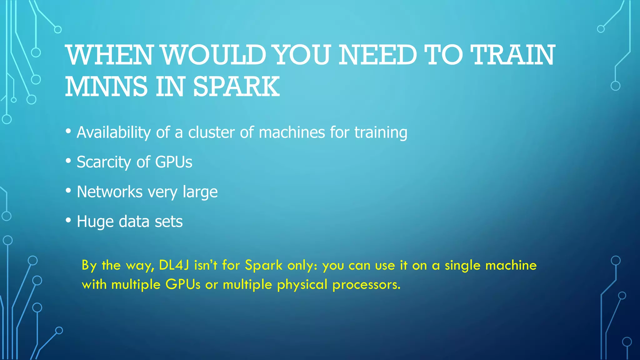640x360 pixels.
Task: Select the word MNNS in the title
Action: point(106,87)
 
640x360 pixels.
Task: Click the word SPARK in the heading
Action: point(236,87)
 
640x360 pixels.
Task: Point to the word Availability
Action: point(114,132)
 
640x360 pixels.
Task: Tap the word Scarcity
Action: point(104,162)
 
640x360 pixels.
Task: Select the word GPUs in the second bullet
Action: point(174,162)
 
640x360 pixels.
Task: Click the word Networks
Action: point(110,192)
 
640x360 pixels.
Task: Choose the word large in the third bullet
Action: point(200,192)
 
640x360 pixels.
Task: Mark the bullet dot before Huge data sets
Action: point(68,220)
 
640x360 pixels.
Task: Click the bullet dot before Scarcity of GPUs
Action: point(68,161)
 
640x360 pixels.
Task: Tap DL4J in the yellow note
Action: point(174,265)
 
